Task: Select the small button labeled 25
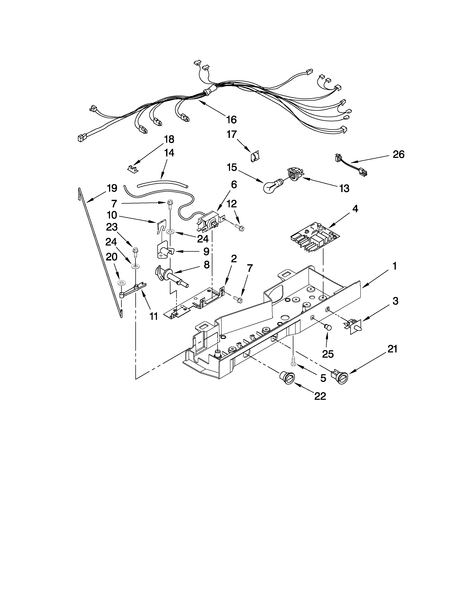328,327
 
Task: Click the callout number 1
394,266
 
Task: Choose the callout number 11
154,316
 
